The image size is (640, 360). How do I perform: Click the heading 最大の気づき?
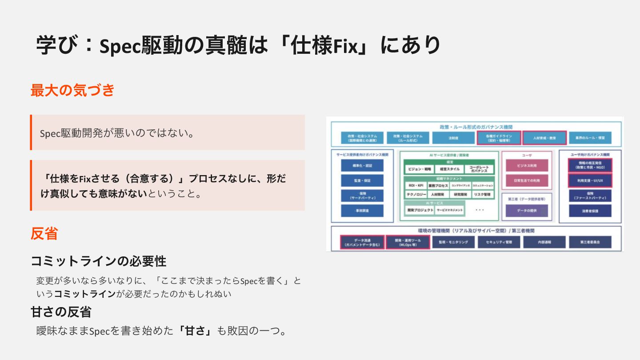72,90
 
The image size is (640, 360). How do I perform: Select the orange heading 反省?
44,233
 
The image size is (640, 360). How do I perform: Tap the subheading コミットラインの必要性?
98,261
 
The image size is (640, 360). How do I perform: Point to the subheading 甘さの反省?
61,312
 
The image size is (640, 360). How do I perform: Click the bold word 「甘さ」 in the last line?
195,331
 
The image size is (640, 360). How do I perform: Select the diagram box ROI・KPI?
415,185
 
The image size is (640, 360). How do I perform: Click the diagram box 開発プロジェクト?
419,210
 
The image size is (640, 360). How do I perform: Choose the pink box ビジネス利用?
527,165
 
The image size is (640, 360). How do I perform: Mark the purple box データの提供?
527,210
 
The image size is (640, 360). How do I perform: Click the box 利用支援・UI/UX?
590,181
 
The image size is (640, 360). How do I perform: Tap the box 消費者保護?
590,210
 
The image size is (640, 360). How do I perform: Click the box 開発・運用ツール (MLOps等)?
408,242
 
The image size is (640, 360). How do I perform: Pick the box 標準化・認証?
362,165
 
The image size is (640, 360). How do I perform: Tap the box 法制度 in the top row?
453,138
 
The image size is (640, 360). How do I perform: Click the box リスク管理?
482,194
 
